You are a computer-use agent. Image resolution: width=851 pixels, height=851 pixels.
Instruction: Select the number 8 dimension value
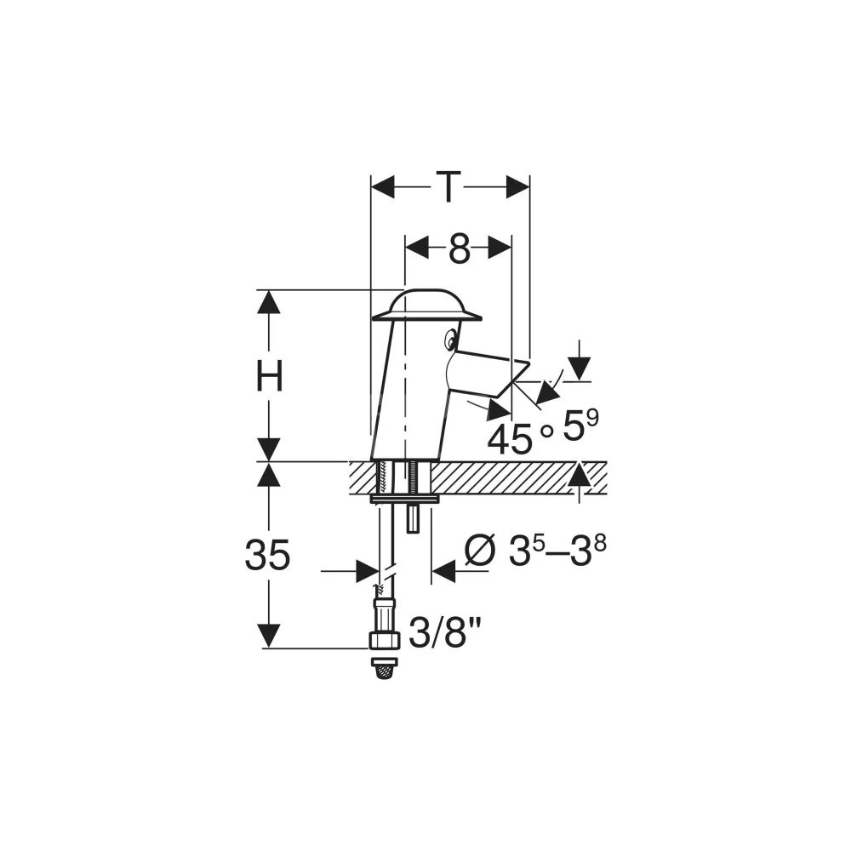(x=459, y=249)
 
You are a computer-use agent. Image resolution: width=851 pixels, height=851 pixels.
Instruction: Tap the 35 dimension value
(x=267, y=555)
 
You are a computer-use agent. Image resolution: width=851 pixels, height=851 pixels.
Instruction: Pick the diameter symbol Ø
(x=481, y=551)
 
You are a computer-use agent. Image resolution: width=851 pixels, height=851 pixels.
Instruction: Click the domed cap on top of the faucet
(x=426, y=306)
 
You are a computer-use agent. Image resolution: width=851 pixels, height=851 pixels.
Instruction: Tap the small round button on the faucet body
(x=450, y=341)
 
